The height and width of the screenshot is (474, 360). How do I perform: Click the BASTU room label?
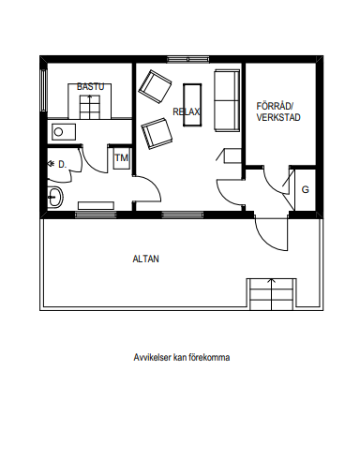point(90,86)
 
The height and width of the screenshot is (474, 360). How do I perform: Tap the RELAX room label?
point(187,111)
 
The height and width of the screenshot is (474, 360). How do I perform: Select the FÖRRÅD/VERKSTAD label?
point(278,111)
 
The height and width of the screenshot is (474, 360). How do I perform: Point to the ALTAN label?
point(145,259)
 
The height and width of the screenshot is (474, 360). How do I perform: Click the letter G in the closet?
point(306,189)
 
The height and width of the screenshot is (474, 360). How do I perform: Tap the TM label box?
point(122,158)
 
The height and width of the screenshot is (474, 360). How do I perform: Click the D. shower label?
point(63,164)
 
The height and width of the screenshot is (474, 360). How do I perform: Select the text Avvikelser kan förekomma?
point(182,357)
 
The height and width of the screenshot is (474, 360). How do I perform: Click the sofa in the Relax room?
point(227,100)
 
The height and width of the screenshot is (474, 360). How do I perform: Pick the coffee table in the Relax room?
point(192,105)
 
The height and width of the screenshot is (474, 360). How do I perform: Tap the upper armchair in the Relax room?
point(155,87)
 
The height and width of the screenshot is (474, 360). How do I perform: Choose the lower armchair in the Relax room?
point(157,133)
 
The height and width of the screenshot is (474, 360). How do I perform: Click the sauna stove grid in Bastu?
point(90,107)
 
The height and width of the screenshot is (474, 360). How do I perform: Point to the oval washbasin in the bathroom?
point(55,197)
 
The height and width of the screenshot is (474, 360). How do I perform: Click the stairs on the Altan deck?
point(272,294)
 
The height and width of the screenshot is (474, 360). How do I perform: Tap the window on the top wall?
point(187,59)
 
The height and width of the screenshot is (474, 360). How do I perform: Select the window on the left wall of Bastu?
point(43,90)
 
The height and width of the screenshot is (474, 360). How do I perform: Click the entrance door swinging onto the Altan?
point(271,232)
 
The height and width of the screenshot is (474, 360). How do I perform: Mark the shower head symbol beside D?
point(50,163)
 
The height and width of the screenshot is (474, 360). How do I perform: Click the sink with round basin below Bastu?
point(62,132)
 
